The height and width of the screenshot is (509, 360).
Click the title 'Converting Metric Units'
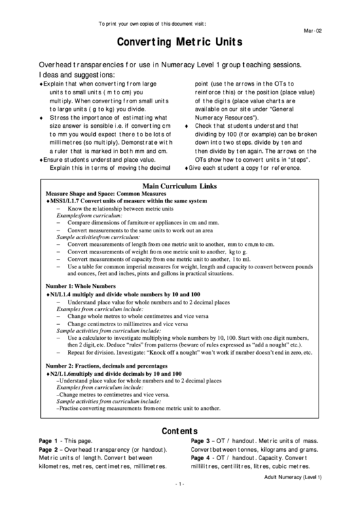[x=179, y=42]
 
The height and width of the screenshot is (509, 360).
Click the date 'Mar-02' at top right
[x=312, y=31]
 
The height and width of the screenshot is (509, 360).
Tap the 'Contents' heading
[x=179, y=431]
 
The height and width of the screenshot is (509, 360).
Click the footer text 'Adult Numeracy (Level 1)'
[x=293, y=478]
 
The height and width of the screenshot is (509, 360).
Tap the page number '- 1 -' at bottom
[x=179, y=483]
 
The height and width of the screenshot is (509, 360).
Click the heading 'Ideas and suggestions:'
[x=77, y=74]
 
